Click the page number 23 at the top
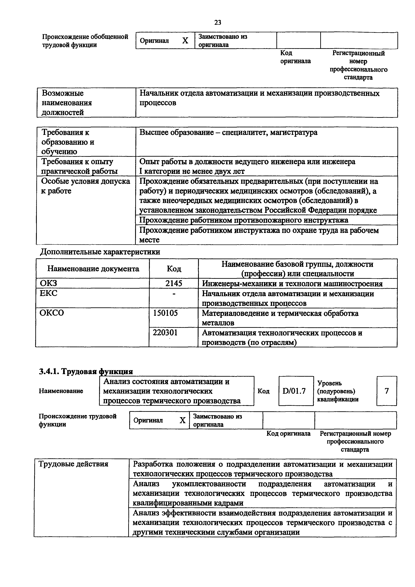218,22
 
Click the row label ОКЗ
49,283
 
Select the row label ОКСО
52,313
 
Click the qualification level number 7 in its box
387,391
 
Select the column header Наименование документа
93,269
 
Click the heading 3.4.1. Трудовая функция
86,371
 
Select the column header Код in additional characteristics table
174,269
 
